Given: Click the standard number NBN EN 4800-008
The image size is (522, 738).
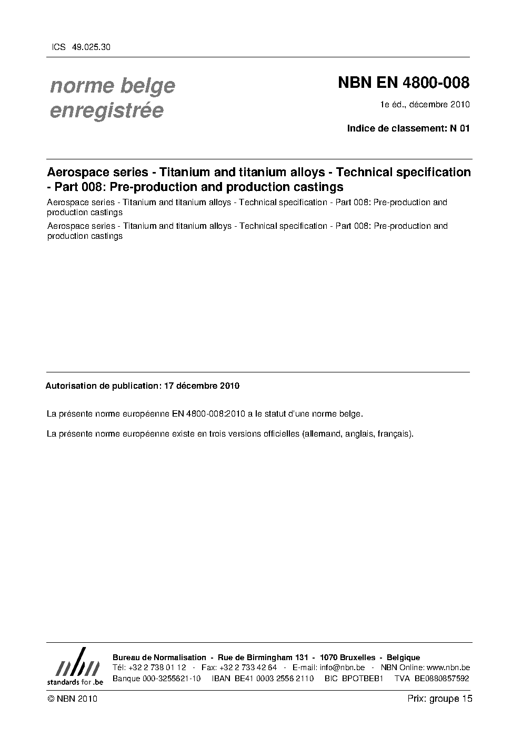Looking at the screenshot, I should (403, 83).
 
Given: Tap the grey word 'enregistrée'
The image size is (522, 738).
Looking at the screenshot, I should (106, 110).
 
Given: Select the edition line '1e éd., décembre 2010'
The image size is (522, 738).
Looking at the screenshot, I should (425, 104).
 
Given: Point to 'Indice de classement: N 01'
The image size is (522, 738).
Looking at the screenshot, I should (408, 128).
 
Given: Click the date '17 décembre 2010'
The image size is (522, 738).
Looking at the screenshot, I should (202, 386).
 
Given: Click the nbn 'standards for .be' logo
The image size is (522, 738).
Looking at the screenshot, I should (75, 666).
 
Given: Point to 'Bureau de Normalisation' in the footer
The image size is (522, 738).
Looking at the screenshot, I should (159, 658).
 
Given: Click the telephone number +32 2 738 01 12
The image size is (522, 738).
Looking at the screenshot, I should (157, 668).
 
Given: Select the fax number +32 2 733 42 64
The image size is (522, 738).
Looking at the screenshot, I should (254, 668).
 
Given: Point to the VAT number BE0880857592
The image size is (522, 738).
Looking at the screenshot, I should (441, 678).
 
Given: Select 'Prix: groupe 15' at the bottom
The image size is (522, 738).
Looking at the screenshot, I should (440, 699).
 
